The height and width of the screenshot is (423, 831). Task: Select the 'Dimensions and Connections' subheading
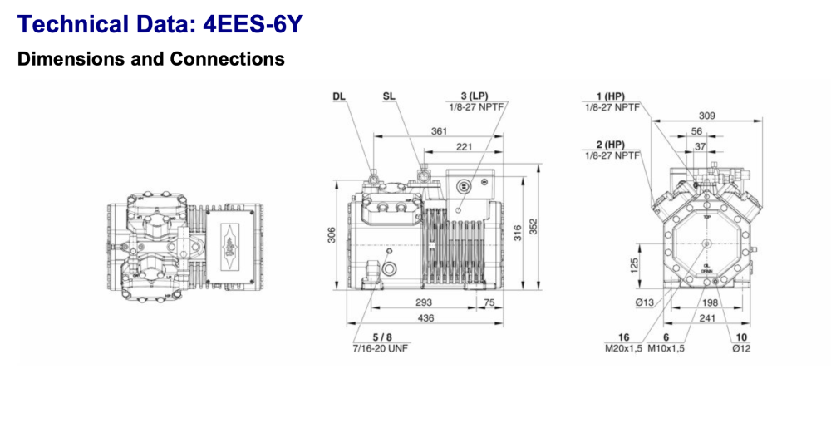tap(150, 60)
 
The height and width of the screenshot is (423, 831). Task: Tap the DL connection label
tap(338, 96)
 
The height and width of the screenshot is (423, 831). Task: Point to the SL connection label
tap(389, 96)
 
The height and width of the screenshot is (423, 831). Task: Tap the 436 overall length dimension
tap(425, 318)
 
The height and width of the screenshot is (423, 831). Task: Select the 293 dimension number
tap(424, 302)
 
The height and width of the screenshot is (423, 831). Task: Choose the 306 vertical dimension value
tap(332, 235)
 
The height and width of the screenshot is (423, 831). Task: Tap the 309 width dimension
tap(706, 116)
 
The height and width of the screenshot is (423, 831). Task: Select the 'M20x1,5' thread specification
tap(623, 348)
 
